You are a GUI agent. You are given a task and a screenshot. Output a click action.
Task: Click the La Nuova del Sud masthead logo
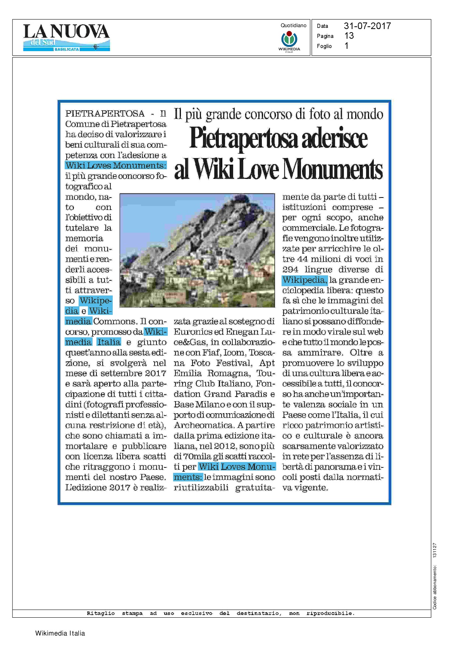(66, 37)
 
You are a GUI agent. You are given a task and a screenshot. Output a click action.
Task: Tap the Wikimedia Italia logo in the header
(289, 41)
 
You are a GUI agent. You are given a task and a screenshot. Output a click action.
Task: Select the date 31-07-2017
(367, 26)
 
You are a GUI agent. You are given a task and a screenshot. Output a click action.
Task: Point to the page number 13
(349, 36)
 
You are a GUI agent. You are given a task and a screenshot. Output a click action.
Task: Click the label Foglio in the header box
(324, 46)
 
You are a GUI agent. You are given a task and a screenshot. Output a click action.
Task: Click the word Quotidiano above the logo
(293, 26)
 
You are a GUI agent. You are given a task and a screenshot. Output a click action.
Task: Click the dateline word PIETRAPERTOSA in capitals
(105, 113)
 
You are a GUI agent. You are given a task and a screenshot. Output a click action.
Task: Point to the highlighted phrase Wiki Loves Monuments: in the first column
(116, 165)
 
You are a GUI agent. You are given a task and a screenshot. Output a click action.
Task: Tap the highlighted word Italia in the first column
(109, 342)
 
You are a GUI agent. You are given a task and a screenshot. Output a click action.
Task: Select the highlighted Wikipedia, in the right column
(305, 280)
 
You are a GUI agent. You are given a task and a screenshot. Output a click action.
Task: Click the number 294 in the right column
(290, 270)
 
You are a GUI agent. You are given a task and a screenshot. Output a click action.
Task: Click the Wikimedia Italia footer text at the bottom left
(60, 633)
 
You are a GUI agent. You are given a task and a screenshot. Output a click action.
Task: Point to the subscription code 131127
(435, 550)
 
